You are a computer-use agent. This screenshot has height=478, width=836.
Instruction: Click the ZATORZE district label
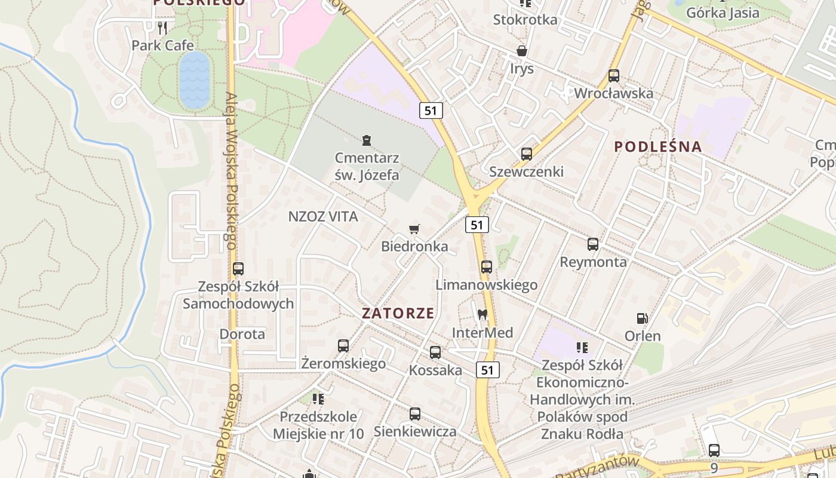click(x=398, y=313)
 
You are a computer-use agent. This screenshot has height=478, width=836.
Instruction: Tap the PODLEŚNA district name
click(x=657, y=146)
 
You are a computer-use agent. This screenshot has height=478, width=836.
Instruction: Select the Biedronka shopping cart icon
click(x=414, y=229)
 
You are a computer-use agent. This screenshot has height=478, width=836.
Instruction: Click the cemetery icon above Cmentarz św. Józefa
click(x=367, y=140)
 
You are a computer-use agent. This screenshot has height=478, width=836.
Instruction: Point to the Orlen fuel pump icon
click(x=643, y=318)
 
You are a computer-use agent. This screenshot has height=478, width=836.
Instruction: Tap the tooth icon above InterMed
click(x=482, y=314)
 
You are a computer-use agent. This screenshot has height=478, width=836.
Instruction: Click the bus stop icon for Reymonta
click(x=593, y=244)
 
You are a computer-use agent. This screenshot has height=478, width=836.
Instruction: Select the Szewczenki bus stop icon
click(x=526, y=154)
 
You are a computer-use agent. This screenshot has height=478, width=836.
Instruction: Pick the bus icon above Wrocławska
click(x=613, y=76)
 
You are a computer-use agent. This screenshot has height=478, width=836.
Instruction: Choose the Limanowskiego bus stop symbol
click(x=487, y=266)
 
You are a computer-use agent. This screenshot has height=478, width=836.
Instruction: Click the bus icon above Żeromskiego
click(x=343, y=345)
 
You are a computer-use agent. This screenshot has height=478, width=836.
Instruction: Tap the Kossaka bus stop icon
click(x=435, y=352)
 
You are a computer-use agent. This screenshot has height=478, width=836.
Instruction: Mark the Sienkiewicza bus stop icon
click(x=414, y=413)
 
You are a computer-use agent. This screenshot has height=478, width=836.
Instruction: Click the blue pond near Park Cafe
click(x=195, y=80)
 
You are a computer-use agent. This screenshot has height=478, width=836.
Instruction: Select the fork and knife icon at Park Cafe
click(x=162, y=27)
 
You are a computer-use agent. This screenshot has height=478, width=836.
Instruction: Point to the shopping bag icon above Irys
click(x=522, y=51)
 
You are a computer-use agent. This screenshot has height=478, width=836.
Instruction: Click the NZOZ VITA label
click(x=323, y=216)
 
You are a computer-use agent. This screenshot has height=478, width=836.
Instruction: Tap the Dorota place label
click(x=242, y=333)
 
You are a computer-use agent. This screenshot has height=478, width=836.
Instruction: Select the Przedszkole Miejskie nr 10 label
click(x=318, y=425)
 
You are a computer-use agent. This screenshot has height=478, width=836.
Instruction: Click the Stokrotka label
click(x=525, y=19)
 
